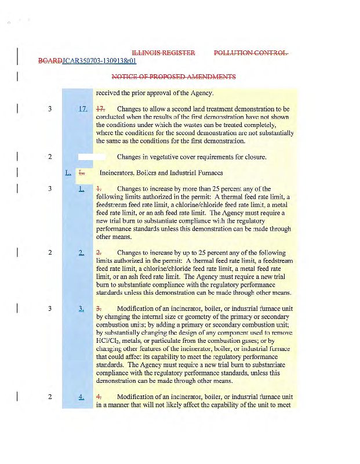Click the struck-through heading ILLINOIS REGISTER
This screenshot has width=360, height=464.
click(163, 53)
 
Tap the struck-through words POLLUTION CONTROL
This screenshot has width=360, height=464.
click(251, 53)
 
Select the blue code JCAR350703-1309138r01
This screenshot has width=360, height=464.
click(99, 61)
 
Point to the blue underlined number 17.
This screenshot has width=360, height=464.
click(83, 109)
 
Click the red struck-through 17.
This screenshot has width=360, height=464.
click(101, 109)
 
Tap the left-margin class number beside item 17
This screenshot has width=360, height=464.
click(50, 109)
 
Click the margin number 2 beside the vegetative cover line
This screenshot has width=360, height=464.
click(50, 157)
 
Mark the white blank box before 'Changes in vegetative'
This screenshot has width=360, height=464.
click(92, 157)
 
